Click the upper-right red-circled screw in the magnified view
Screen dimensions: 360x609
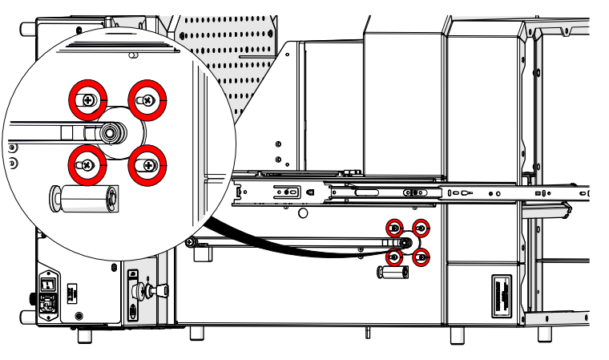tap(147, 99)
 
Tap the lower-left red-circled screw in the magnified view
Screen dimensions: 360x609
tap(86, 165)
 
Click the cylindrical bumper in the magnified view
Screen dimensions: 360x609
tap(84, 197)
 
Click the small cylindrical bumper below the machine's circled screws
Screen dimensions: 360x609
tap(393, 273)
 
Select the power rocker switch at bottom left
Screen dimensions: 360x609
tap(48, 284)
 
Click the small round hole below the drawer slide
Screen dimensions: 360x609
tap(302, 213)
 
